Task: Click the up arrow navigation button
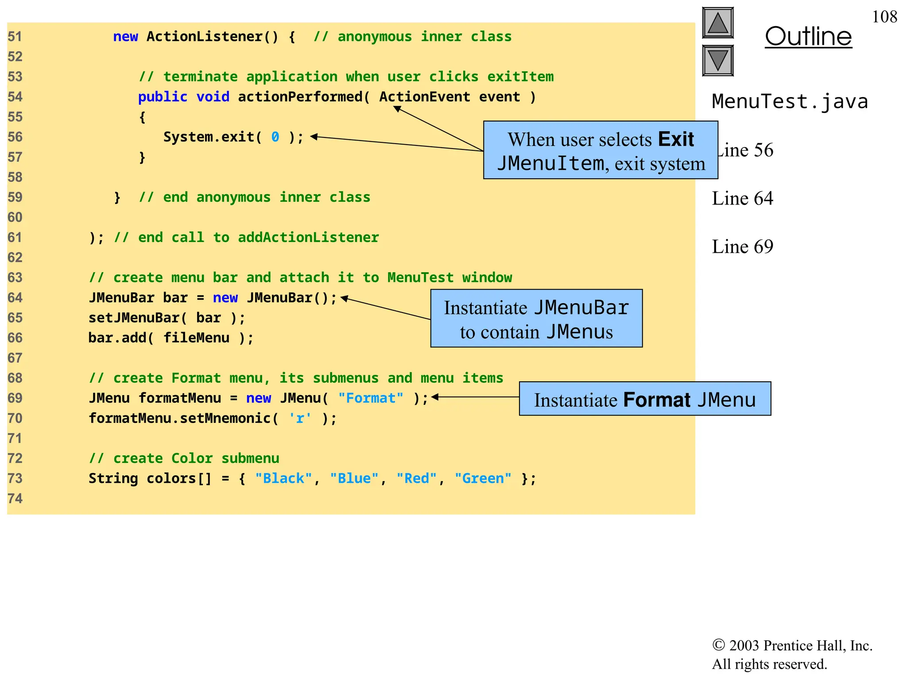(x=717, y=23)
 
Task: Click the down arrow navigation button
(x=717, y=60)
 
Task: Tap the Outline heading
(x=808, y=36)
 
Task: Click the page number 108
(x=884, y=17)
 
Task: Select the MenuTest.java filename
(x=790, y=102)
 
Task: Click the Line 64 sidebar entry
(x=742, y=198)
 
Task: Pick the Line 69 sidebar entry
(x=742, y=247)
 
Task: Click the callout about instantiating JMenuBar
(x=536, y=318)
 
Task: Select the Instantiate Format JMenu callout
(x=645, y=399)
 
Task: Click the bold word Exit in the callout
(x=676, y=139)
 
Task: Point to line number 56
(x=15, y=137)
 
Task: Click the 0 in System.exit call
(x=275, y=137)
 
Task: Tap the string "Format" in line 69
(x=371, y=398)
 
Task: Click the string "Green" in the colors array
(x=483, y=478)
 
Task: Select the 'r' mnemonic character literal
(x=300, y=418)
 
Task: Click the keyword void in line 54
(x=213, y=97)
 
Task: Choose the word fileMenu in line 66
(x=196, y=338)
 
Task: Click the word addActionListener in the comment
(x=308, y=238)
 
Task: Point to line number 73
(x=15, y=478)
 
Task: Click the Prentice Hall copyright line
(x=792, y=646)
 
